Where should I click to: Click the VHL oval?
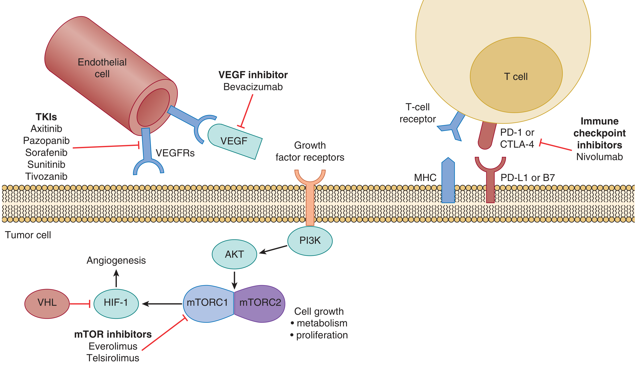tap(47, 304)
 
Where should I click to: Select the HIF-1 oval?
tap(116, 304)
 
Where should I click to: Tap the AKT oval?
tap(234, 254)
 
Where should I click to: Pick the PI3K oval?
tap(310, 241)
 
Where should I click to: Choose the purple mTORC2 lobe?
tap(260, 304)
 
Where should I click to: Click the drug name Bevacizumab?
tap(253, 87)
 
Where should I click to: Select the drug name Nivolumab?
tap(599, 157)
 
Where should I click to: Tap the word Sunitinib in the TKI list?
tap(46, 165)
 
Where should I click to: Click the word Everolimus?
tap(113, 346)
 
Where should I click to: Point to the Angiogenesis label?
tap(116, 260)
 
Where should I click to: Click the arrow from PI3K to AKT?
tap(273, 249)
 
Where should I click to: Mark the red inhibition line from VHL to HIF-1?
tap(80, 304)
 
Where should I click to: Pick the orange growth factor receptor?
tap(310, 200)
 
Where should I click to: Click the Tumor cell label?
tap(28, 235)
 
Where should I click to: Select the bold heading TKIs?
tap(46, 117)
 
